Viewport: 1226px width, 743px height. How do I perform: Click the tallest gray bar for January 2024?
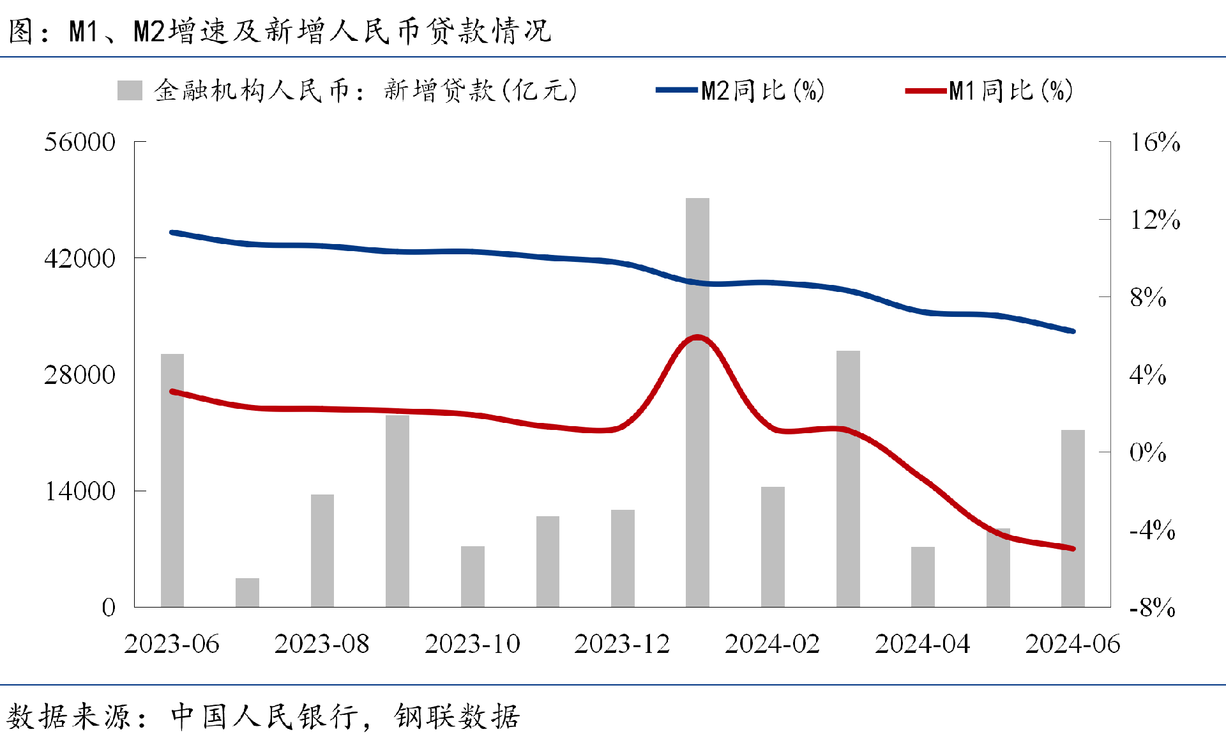tap(697, 402)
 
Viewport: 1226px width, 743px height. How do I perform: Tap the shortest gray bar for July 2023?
tap(247, 592)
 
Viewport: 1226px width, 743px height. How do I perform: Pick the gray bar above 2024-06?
tap(1073, 518)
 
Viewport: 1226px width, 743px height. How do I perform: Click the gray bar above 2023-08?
tap(322, 551)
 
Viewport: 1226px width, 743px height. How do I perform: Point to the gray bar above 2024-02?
tap(773, 547)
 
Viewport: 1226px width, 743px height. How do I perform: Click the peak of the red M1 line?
tap(697, 337)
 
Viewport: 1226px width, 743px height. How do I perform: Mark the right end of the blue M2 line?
tap(1073, 331)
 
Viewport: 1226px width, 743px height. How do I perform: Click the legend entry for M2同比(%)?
tap(741, 91)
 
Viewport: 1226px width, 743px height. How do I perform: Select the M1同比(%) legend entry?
tap(990, 91)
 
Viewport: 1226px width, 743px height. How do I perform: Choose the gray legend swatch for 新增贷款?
tap(130, 91)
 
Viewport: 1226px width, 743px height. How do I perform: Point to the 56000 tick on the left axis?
tap(80, 142)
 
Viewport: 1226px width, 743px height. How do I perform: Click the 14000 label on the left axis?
tap(80, 491)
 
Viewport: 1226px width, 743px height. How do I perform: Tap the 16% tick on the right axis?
tap(1154, 142)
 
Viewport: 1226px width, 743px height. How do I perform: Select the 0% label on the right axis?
tap(1147, 452)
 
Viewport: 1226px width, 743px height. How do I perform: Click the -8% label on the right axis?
tap(1152, 608)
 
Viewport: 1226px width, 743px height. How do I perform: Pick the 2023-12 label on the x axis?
tap(623, 644)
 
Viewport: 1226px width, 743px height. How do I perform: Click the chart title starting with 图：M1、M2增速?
tap(280, 31)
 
